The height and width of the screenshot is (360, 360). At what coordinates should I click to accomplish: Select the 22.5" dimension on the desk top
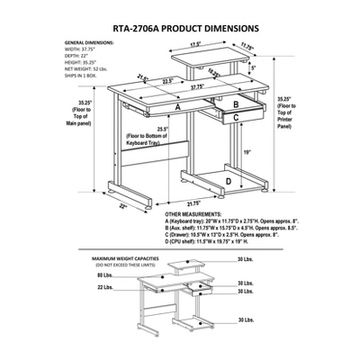[157, 80]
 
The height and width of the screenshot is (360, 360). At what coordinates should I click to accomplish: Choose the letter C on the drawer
[235, 116]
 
